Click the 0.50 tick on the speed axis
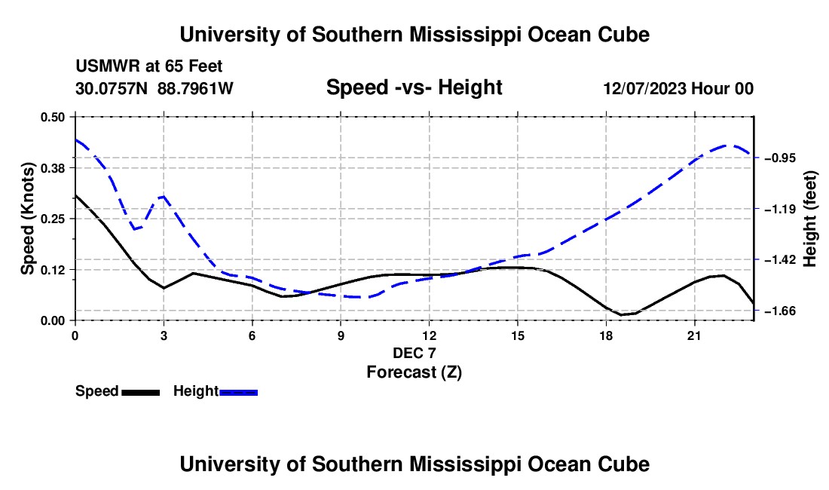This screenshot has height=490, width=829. (52, 117)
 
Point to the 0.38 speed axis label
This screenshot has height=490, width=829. (52, 168)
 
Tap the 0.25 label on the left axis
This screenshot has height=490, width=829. (52, 219)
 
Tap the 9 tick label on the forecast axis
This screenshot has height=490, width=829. (341, 335)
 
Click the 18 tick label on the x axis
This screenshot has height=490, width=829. (606, 335)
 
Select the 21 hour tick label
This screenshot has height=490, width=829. (694, 335)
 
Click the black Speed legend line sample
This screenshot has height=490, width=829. (141, 392)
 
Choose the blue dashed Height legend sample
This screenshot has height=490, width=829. (238, 392)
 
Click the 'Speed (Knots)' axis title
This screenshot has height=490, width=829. (27, 219)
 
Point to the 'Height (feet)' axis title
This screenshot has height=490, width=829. (809, 219)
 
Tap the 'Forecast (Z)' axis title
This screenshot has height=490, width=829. (414, 372)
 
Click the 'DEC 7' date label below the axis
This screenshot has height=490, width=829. (414, 353)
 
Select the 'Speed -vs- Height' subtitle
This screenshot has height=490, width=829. (414, 87)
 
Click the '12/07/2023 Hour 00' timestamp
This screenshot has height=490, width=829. (678, 88)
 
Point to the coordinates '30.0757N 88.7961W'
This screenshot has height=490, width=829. (154, 88)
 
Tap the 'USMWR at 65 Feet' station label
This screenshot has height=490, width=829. (149, 66)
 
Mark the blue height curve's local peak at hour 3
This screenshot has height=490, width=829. (164, 196)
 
